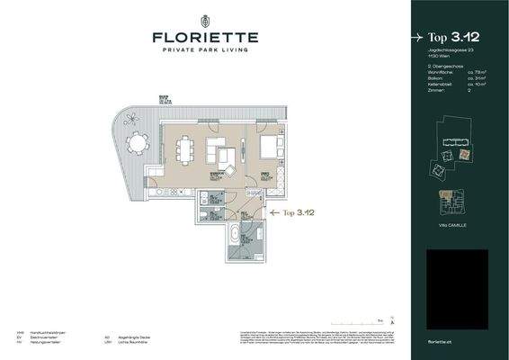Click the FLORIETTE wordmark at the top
pos(206,38)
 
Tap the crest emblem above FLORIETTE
pos(206,19)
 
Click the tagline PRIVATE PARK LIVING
pos(206,51)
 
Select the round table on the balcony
pos(137,143)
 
